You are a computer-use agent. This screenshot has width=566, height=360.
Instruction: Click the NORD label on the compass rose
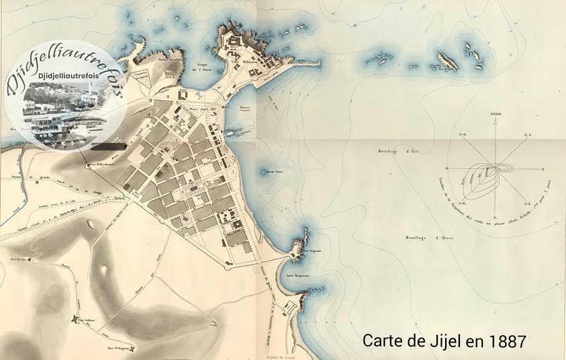click(496, 114)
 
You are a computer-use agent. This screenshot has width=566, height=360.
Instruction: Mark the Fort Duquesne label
click(313, 253)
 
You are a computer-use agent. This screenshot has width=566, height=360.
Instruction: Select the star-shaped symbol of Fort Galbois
click(76, 319)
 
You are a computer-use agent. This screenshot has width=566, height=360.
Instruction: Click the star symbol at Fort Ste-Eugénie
click(133, 348)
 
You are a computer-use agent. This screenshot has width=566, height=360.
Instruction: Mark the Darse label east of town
click(244, 107)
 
